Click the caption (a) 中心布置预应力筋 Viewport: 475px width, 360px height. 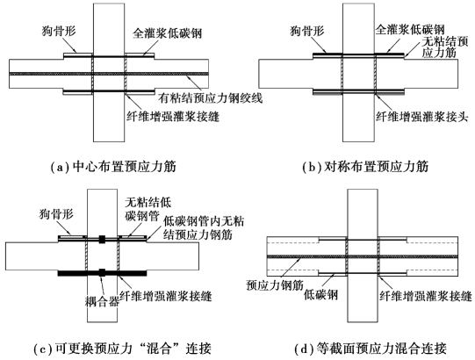tap(113, 167)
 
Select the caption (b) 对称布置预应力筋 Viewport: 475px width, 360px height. tap(365, 167)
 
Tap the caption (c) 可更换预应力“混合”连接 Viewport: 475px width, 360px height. tap(122, 349)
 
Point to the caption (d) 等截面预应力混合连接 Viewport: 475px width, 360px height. tap(371, 349)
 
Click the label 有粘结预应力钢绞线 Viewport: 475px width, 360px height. tap(211, 98)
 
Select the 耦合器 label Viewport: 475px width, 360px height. tap(102, 301)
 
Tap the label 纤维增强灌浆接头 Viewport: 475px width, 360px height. tap(422, 117)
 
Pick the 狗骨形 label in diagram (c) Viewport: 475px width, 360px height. tap(56, 214)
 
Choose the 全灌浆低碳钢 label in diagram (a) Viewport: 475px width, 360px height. tap(167, 33)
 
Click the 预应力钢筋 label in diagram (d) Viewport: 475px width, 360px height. tap(275, 285)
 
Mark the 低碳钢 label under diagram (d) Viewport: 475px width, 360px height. tap(320, 295)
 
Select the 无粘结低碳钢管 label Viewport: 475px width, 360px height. tap(148, 209)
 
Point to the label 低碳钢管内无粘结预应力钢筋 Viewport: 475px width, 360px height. tap(204, 228)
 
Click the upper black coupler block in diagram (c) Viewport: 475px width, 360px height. tap(102, 240)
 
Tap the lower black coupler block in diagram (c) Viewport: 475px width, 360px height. tap(102, 272)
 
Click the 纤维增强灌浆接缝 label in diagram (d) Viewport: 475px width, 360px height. tap(426, 295)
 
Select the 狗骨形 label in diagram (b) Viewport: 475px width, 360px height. tap(307, 31)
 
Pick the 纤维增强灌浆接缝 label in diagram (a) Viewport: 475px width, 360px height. tap(173, 117)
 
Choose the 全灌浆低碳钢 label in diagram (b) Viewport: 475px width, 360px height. tap(410, 30)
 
